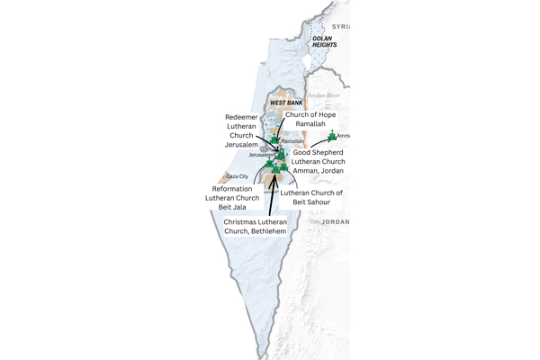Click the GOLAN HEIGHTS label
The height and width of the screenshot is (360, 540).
[321, 42]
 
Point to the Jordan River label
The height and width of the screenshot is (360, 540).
[322, 94]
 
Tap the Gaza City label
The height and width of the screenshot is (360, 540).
[237, 177]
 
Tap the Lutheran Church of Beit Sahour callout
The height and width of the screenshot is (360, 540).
[310, 199]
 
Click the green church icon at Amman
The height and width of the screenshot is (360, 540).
[333, 136]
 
